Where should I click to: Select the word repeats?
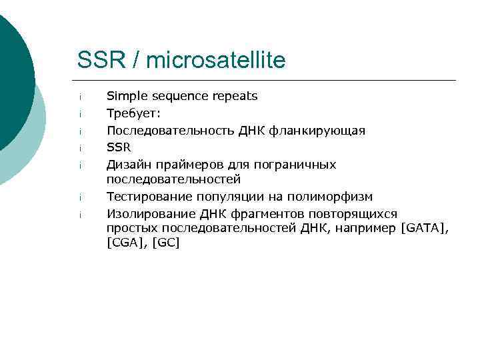click(x=235, y=96)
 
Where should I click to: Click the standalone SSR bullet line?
click(x=119, y=147)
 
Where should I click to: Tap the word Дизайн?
click(x=127, y=164)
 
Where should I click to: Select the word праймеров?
click(x=179, y=164)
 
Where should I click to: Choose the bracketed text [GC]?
click(x=166, y=243)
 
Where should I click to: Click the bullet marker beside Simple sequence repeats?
click(x=79, y=97)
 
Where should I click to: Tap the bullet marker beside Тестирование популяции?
click(x=79, y=198)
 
